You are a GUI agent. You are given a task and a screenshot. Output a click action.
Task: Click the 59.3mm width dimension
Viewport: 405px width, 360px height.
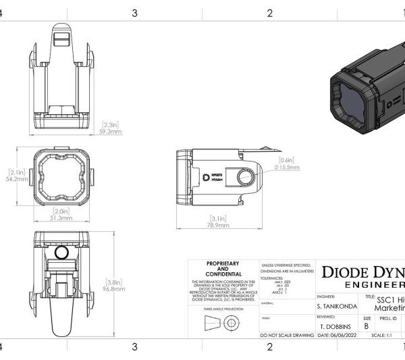coord(111,132)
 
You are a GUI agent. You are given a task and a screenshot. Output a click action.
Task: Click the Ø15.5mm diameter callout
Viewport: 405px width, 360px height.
coord(286,166)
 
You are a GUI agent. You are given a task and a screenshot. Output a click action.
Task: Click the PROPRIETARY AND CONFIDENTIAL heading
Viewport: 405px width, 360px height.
coord(222,268)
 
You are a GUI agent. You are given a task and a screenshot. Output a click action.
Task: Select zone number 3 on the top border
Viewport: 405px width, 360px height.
coord(135,13)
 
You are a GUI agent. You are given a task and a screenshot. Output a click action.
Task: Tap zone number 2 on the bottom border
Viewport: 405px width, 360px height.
coord(269,347)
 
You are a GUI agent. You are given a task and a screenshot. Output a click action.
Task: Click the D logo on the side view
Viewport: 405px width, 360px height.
coord(207,176)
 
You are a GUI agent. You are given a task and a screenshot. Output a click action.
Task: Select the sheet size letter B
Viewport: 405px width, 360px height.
coord(367,325)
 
